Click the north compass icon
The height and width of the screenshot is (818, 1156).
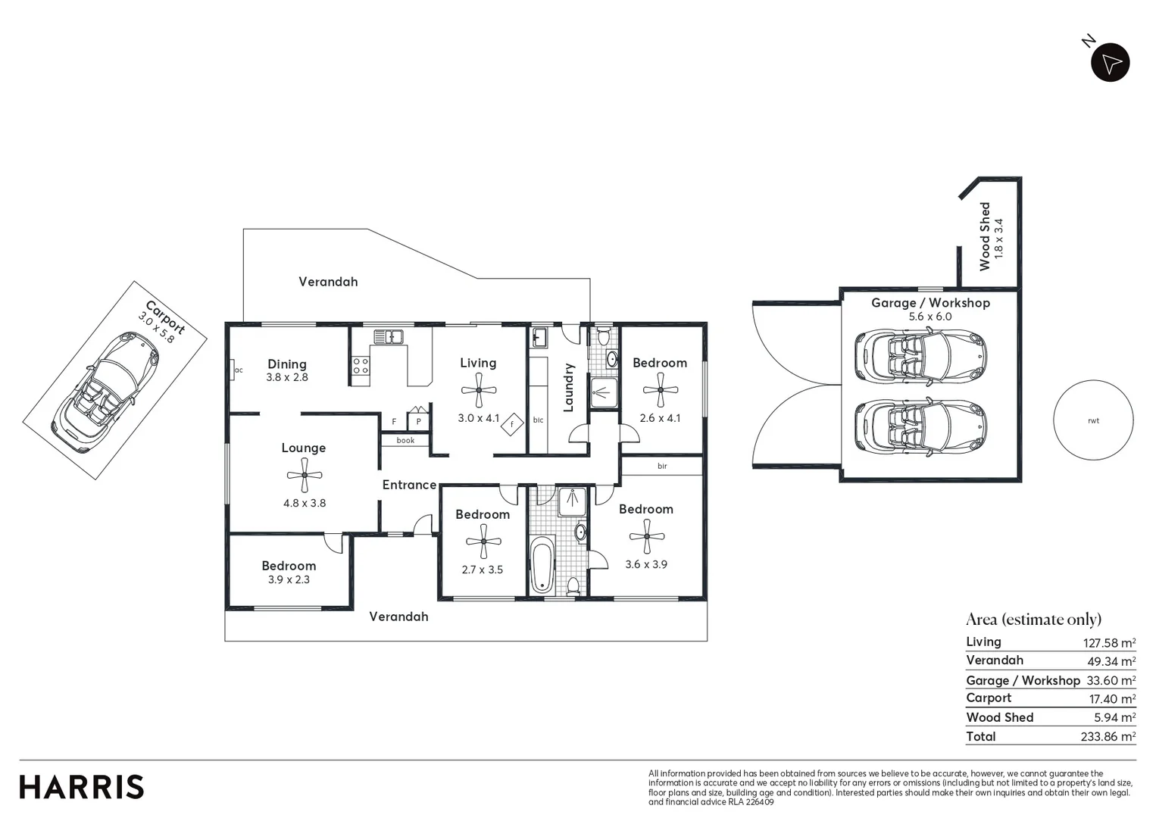pyautogui.click(x=1110, y=63)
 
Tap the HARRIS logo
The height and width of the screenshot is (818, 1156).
pyautogui.click(x=81, y=787)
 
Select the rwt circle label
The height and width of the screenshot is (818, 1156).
pyautogui.click(x=1093, y=420)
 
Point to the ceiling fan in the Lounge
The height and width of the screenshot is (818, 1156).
pyautogui.click(x=305, y=476)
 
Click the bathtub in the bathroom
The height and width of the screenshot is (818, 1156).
pyautogui.click(x=542, y=565)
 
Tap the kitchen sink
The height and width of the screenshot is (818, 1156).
pyautogui.click(x=388, y=336)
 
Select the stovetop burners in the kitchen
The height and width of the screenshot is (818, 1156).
pyautogui.click(x=361, y=367)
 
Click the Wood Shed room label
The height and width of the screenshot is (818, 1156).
pyautogui.click(x=985, y=236)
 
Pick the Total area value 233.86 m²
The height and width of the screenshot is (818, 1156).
pyautogui.click(x=1108, y=736)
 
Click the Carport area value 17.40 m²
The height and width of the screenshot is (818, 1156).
pyautogui.click(x=1111, y=699)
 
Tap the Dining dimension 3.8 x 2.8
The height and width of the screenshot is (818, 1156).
pyautogui.click(x=287, y=377)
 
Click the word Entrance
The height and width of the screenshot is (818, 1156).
pyautogui.click(x=409, y=485)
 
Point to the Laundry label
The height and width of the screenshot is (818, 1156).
pyautogui.click(x=569, y=388)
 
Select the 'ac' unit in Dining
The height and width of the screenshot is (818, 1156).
pyautogui.click(x=237, y=370)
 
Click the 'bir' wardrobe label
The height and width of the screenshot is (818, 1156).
pyautogui.click(x=662, y=466)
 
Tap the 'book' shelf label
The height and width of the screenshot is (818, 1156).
pyautogui.click(x=405, y=440)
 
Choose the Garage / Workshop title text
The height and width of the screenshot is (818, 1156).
pyautogui.click(x=930, y=303)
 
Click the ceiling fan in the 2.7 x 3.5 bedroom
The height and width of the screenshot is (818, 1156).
pyautogui.click(x=483, y=542)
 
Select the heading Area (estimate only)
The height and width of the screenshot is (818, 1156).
pyautogui.click(x=1033, y=620)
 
